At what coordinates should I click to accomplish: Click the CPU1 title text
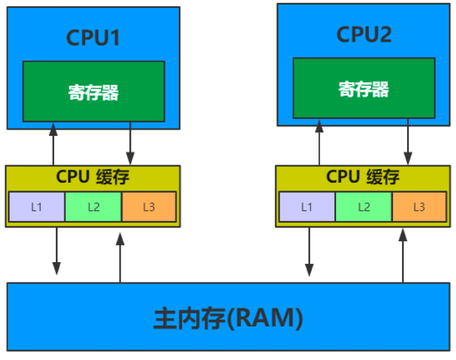(93, 38)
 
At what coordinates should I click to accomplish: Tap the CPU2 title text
(364, 35)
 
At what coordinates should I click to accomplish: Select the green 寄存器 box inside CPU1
(93, 92)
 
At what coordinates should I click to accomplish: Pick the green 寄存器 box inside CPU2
(364, 88)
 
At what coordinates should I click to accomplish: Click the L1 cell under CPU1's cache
(37, 207)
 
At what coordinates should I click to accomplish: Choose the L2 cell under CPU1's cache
(93, 207)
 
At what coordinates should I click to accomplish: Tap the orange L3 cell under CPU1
(149, 207)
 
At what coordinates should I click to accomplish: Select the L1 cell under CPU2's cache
(307, 207)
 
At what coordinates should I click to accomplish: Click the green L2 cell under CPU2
(363, 207)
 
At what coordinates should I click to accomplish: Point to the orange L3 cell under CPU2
(419, 207)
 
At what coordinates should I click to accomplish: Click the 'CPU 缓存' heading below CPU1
(93, 177)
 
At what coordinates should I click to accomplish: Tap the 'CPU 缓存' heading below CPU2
(363, 177)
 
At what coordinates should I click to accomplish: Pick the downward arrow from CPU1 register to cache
(130, 144)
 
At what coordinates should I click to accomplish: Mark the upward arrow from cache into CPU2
(319, 142)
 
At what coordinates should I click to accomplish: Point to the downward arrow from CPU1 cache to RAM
(56, 251)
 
